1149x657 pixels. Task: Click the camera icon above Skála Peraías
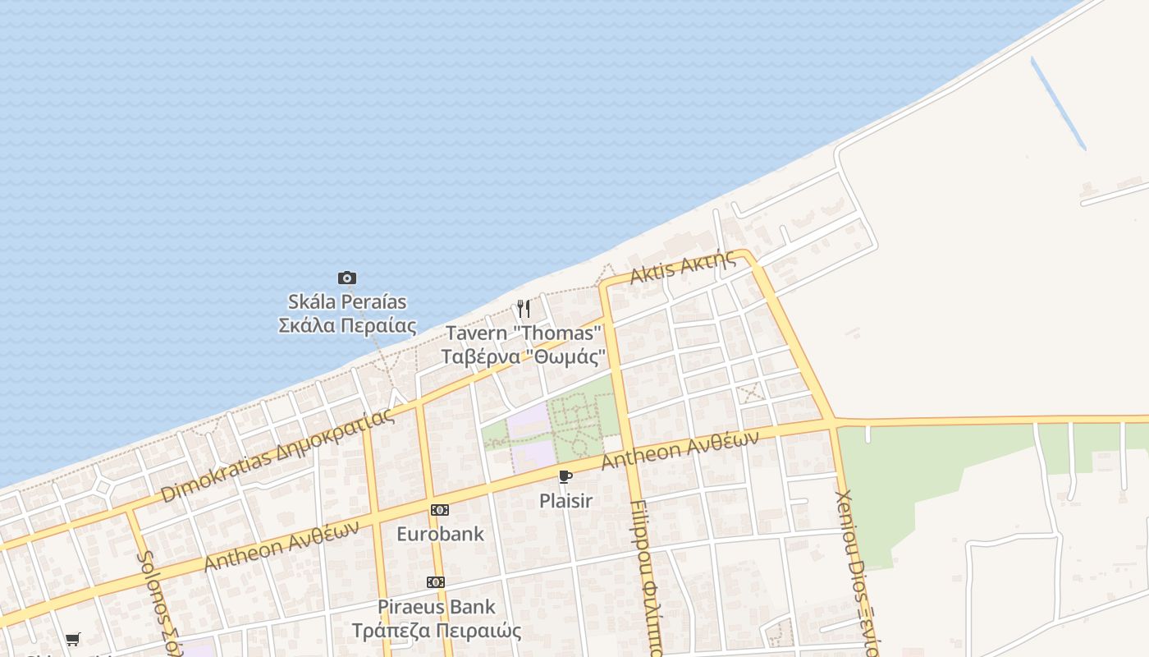pyautogui.click(x=347, y=278)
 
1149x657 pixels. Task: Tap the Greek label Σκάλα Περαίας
pyautogui.click(x=347, y=325)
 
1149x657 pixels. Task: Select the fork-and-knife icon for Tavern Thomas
pyautogui.click(x=524, y=309)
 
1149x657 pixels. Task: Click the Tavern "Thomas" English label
pyautogui.click(x=524, y=333)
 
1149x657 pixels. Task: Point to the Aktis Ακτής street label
pyautogui.click(x=683, y=267)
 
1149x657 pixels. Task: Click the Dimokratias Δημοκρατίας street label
pyautogui.click(x=277, y=455)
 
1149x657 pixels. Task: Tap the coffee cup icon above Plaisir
pyautogui.click(x=565, y=477)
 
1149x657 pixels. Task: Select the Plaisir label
pyautogui.click(x=565, y=500)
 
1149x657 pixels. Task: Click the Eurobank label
pyautogui.click(x=440, y=534)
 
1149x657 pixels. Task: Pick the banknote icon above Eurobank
pyautogui.click(x=440, y=510)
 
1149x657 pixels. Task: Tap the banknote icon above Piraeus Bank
pyautogui.click(x=436, y=582)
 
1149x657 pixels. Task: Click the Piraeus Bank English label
pyautogui.click(x=437, y=607)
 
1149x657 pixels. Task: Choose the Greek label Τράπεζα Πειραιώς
pyautogui.click(x=437, y=631)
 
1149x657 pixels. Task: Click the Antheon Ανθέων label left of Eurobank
pyautogui.click(x=282, y=546)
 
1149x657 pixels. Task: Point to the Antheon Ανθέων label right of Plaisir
pyautogui.click(x=680, y=450)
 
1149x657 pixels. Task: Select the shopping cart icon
pyautogui.click(x=73, y=639)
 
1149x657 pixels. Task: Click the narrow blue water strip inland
pyautogui.click(x=1059, y=103)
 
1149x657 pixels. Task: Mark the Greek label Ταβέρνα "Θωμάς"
pyautogui.click(x=524, y=357)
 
